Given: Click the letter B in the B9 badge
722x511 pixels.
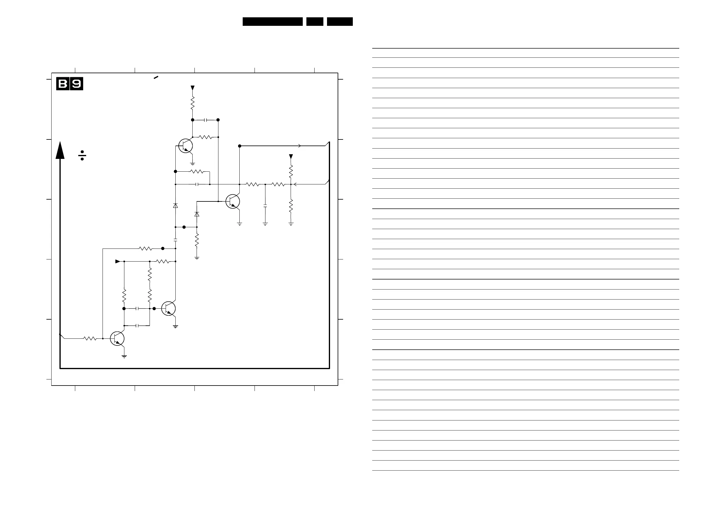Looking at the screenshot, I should (63, 84).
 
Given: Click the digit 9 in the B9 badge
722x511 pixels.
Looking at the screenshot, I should (76, 84).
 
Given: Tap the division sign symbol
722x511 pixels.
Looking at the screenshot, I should (82, 155).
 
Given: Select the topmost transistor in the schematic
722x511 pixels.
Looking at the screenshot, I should (186, 146).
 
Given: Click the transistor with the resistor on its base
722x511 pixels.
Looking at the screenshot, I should (117, 338).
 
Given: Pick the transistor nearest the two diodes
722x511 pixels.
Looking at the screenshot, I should (233, 201).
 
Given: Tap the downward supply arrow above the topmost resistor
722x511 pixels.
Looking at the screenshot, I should (192, 88).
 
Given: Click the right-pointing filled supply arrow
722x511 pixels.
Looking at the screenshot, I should (118, 261).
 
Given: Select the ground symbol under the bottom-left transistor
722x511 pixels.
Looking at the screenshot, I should (124, 357).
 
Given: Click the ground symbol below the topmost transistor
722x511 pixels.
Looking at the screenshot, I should (192, 164).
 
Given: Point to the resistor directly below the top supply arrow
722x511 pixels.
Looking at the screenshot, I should (192, 103).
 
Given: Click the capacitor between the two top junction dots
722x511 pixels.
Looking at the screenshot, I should (206, 120).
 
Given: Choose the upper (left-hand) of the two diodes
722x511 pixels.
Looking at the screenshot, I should (175, 206).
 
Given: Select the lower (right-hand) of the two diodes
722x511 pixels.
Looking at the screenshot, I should (197, 214).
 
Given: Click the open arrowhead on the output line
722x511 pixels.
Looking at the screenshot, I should (299, 146).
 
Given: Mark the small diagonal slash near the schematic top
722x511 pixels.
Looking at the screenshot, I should (156, 77).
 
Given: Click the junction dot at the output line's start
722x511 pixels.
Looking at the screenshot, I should (240, 146).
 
